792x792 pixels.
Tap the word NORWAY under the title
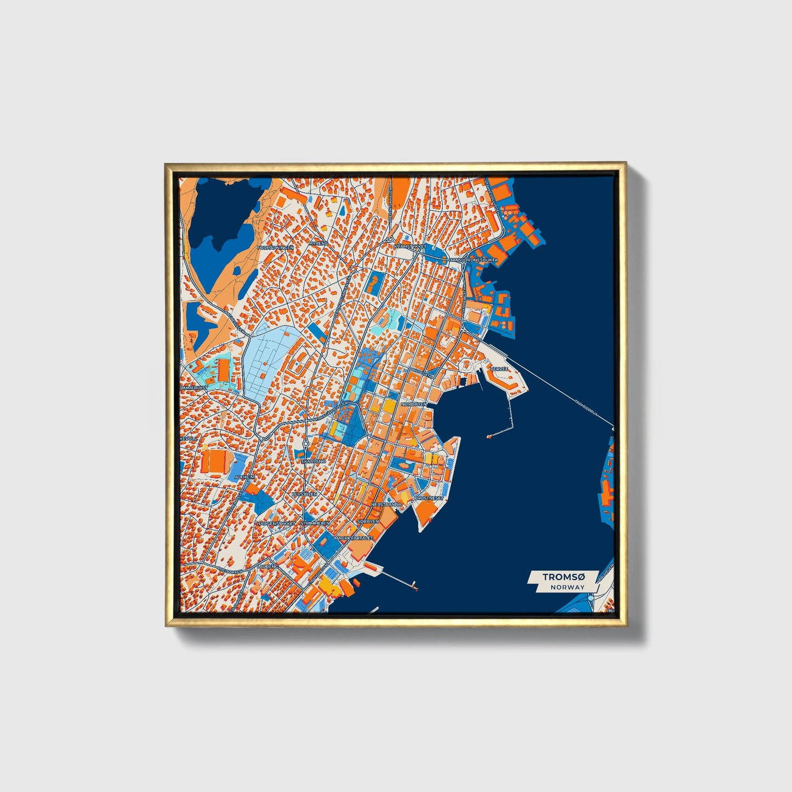click(x=568, y=587)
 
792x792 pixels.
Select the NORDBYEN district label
click(x=414, y=404)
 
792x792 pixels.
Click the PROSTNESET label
click(x=429, y=498)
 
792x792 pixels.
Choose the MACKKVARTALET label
click(x=354, y=538)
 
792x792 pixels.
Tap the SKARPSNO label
click(x=314, y=461)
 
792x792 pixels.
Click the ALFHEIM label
click(x=244, y=477)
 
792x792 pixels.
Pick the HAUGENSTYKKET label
click(x=276, y=523)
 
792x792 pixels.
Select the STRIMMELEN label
click(x=315, y=523)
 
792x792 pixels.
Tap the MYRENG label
click(x=318, y=243)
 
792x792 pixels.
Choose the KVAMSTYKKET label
click(x=410, y=247)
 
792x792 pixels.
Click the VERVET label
click(x=500, y=369)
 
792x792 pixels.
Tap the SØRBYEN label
click(x=368, y=521)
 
